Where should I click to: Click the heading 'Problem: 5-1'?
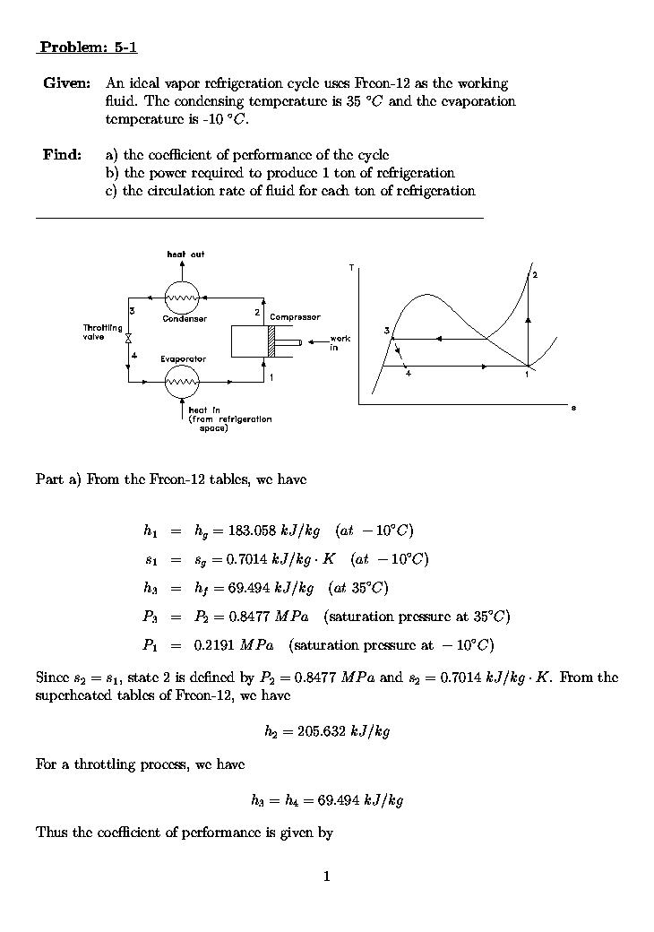click(x=88, y=47)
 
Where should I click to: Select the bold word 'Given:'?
click(x=66, y=83)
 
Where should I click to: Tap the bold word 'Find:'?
click(x=62, y=155)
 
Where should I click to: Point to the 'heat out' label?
click(x=185, y=255)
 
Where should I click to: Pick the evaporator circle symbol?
click(x=182, y=383)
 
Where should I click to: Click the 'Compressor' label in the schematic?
click(x=295, y=317)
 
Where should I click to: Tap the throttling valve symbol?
click(x=129, y=339)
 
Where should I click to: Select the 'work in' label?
click(x=340, y=342)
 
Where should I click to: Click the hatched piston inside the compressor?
click(x=269, y=342)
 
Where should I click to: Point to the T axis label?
click(x=351, y=267)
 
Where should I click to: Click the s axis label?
click(x=573, y=408)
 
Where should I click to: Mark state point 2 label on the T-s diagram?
click(x=535, y=274)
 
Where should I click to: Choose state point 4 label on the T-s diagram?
click(x=408, y=374)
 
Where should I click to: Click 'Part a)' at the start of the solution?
click(x=58, y=479)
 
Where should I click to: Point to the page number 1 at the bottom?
click(x=326, y=876)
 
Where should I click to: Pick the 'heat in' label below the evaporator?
click(x=204, y=410)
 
